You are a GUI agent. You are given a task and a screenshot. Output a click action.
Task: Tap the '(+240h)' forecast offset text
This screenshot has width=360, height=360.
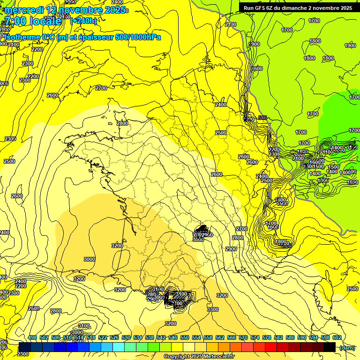tap(83, 21)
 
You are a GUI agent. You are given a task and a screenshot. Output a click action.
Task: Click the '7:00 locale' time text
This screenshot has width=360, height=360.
tap(32, 21)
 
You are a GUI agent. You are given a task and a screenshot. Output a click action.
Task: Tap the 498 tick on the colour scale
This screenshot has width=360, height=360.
tap(32, 337)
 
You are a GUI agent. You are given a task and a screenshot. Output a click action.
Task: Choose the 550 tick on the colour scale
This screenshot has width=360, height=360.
tap(185, 337)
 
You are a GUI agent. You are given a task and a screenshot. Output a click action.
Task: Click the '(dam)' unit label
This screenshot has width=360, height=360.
tap(347, 347)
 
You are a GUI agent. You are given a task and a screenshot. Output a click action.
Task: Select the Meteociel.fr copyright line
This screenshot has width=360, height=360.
tap(199, 356)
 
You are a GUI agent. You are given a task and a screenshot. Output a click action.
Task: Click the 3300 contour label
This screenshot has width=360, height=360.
tap(213, 309)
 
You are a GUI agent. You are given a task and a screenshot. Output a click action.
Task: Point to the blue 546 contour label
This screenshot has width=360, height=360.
tap(262, 118)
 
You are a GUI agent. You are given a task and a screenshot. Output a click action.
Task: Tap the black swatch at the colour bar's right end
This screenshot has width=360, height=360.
tap(330, 347)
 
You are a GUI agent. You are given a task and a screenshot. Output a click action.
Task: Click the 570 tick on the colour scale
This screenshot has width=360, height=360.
tap(243, 337)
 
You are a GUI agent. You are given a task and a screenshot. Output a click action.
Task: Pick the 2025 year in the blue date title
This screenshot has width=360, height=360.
tap(114, 10)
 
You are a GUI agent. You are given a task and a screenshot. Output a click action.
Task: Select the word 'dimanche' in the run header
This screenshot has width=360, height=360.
tap(293, 8)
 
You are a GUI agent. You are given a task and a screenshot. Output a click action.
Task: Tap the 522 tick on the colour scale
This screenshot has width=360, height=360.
tap(103, 337)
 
